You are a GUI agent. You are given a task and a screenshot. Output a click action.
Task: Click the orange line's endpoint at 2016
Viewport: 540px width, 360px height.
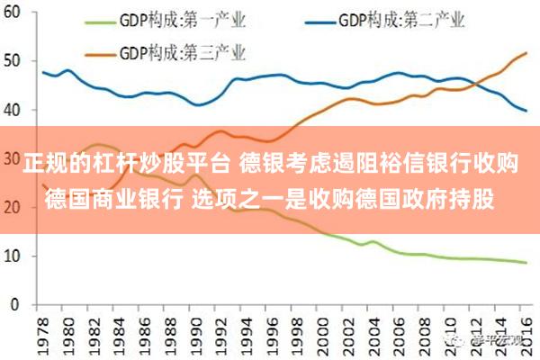click(x=527, y=54)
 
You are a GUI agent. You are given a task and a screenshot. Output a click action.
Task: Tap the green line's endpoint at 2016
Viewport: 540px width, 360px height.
click(x=527, y=263)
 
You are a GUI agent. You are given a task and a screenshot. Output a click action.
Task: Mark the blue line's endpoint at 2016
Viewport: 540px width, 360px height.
click(x=527, y=111)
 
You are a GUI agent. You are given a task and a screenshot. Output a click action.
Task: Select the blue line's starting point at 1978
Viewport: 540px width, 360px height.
click(x=43, y=72)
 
